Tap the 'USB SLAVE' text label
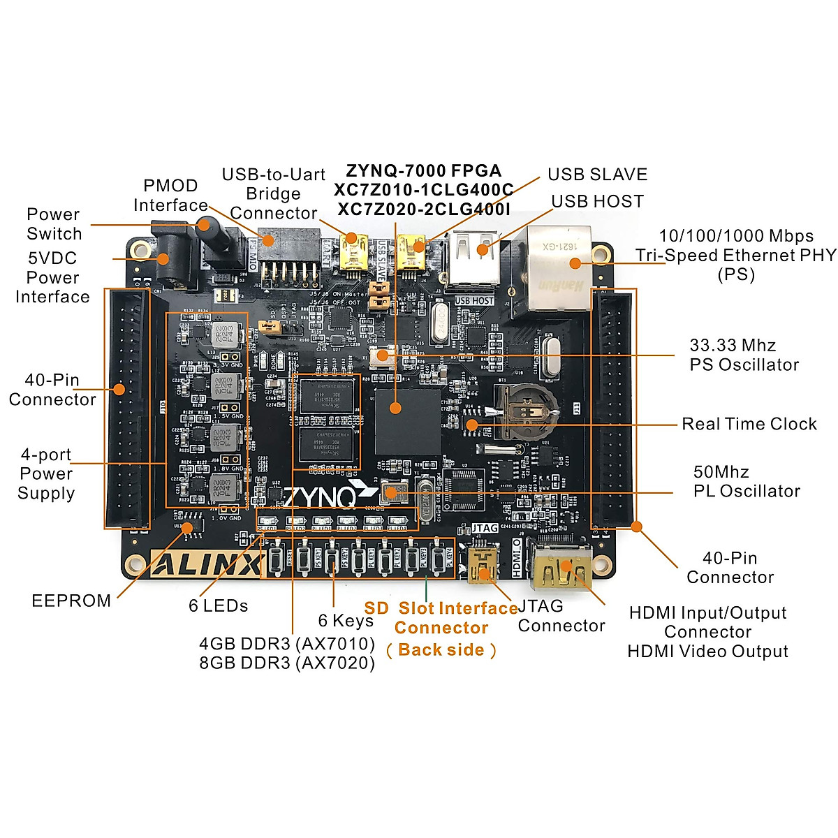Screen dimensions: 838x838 (x=597, y=175)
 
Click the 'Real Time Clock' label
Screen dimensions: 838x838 (x=749, y=424)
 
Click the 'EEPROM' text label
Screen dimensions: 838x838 (x=71, y=601)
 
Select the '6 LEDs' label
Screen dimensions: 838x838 (x=218, y=605)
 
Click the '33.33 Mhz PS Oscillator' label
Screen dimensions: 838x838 (x=744, y=355)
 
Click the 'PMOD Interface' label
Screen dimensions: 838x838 (x=170, y=196)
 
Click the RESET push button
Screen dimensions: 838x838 (x=277, y=559)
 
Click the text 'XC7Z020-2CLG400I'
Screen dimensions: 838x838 (x=423, y=209)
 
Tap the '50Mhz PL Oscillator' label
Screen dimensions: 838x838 (x=746, y=481)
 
